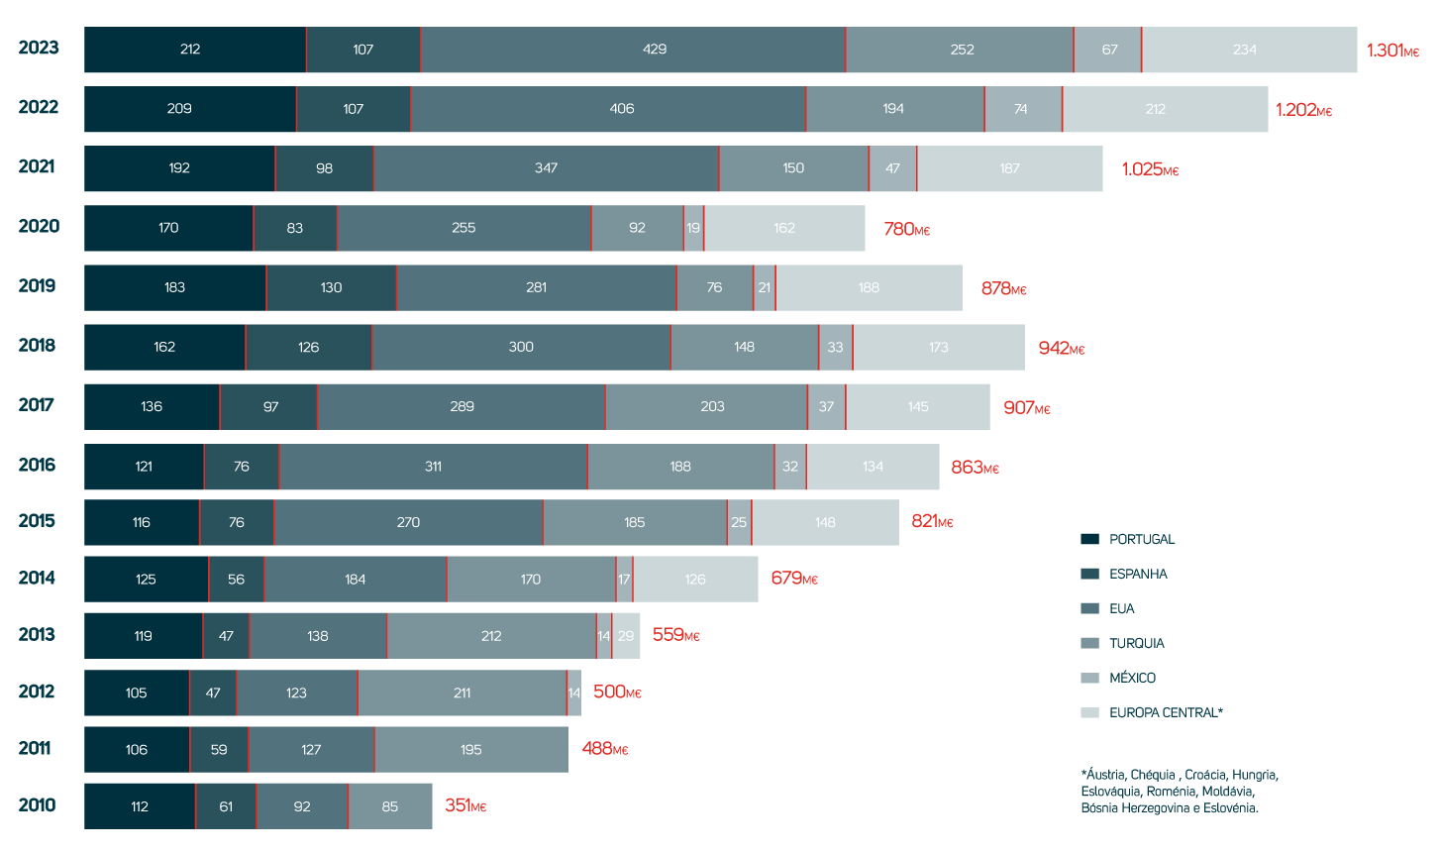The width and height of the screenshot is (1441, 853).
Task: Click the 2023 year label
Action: (x=39, y=48)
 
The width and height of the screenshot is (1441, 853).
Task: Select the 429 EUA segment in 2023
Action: (x=633, y=50)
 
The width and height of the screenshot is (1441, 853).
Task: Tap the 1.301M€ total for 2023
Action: (x=1392, y=50)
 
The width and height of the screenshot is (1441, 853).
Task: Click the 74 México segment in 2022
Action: (x=1022, y=109)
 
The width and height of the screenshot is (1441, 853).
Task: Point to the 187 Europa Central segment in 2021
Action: (x=1009, y=168)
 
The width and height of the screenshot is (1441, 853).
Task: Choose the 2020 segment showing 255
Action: (x=463, y=228)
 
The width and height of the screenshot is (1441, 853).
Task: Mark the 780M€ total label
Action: (x=906, y=230)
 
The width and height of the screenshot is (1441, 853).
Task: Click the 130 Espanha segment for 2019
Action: (x=331, y=287)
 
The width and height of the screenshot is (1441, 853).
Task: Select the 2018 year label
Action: (x=39, y=346)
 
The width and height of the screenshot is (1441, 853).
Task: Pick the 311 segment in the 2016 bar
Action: (x=433, y=467)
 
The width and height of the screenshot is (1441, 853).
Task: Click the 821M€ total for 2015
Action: (x=932, y=522)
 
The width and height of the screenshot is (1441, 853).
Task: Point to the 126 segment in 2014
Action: (x=695, y=579)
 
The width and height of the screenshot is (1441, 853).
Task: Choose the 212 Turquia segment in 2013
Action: (x=491, y=635)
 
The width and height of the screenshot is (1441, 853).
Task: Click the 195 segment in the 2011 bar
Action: (x=471, y=749)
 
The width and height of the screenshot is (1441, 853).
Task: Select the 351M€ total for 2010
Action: (x=465, y=806)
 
